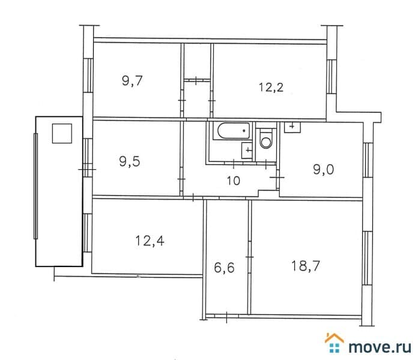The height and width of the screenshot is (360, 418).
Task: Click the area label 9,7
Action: pos(132,81)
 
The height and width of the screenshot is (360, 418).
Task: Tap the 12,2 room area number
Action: pos(271,88)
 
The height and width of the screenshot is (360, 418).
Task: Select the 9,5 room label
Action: pos(130,161)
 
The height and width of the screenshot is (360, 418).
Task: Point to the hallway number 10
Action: pos(234,181)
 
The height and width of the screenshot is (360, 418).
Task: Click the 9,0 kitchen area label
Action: pos(323,170)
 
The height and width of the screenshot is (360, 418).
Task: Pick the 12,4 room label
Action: pos(150,241)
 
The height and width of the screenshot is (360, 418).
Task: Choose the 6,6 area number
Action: pos(224,268)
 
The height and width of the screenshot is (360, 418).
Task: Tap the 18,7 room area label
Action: pos(306,266)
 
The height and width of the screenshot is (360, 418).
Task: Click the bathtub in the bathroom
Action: pos(234,131)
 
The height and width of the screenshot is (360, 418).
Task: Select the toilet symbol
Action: pos(265,139)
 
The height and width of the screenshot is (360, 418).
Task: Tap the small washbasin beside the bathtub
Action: pos(247,151)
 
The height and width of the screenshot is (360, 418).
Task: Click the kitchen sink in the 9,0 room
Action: pos(292,127)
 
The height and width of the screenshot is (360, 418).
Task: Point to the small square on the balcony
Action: pos(62,133)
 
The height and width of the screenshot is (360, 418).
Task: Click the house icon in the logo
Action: pos(335,343)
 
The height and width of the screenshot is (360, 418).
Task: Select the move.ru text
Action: pos(380,347)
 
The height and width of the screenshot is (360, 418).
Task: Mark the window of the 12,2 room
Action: pos(331,76)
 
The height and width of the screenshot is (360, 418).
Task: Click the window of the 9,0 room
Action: pos(367,160)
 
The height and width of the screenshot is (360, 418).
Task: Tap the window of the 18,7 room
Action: pos(368,258)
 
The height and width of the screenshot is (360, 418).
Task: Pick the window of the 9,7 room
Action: pos(88,76)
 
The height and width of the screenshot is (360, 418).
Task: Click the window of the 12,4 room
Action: pos(88,232)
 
